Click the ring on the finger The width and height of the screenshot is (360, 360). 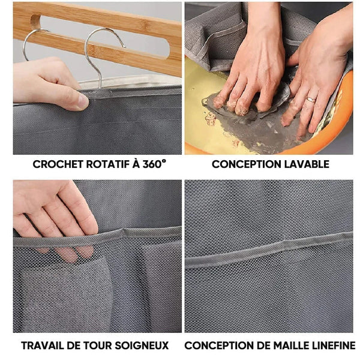(311, 100)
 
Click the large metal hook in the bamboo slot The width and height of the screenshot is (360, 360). (99, 53)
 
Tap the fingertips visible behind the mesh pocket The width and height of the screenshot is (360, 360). (69, 253)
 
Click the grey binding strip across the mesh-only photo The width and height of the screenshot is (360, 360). (269, 251)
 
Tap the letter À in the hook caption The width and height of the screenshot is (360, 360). (136, 164)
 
